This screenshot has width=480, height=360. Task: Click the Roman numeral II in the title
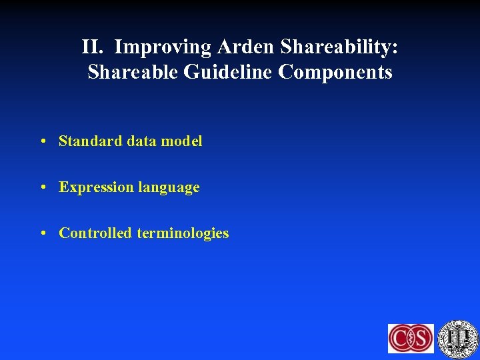93,47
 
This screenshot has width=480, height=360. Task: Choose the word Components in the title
335,72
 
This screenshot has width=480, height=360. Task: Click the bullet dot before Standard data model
42,141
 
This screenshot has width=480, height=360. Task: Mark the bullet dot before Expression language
42,187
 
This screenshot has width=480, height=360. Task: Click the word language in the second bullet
168,188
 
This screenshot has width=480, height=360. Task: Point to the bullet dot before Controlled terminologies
42,233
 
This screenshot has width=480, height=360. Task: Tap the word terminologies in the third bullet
183,233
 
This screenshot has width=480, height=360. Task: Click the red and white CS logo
411,338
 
